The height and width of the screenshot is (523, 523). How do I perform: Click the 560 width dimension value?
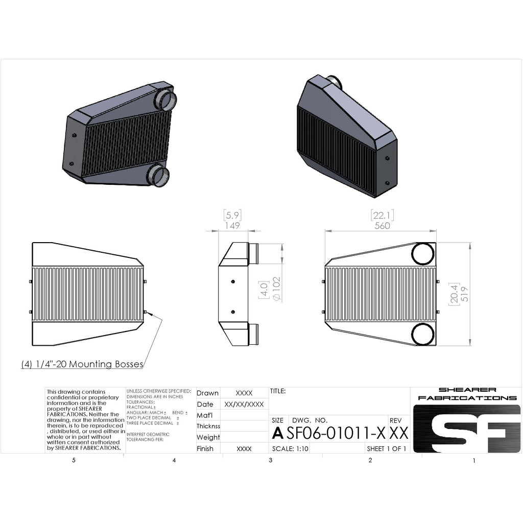(383, 225)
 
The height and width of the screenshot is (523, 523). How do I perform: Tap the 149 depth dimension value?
(232, 225)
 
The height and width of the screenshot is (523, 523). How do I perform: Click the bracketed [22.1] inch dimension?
(383, 215)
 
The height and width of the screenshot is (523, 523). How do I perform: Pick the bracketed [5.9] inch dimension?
(232, 215)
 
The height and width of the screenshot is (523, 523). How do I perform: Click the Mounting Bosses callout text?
(82, 364)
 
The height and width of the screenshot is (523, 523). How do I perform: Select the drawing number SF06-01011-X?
(336, 433)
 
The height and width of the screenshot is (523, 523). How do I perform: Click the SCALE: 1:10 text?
(290, 449)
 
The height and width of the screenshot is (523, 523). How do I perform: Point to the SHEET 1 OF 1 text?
(387, 449)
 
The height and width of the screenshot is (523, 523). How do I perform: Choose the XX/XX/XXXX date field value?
(244, 404)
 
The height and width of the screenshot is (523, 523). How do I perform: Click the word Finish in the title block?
(205, 449)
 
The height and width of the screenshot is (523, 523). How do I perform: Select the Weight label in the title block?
(208, 437)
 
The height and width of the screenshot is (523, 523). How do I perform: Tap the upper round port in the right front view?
(423, 254)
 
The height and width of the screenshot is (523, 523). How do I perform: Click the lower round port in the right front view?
(423, 334)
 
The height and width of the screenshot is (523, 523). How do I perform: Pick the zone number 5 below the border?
(74, 461)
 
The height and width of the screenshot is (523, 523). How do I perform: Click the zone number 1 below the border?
(474, 461)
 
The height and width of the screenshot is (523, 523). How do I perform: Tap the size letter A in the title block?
(277, 433)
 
